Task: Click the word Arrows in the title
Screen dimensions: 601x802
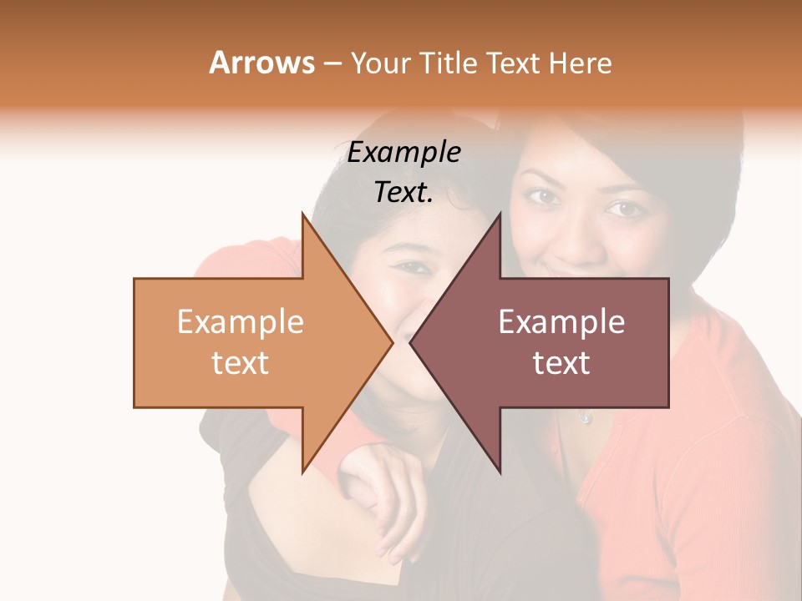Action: tap(261, 63)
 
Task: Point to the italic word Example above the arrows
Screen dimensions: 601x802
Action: tap(404, 152)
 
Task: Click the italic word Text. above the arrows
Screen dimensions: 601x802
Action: tap(404, 192)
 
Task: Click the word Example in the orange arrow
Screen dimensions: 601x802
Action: tap(241, 321)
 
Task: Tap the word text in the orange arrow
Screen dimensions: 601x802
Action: tap(241, 363)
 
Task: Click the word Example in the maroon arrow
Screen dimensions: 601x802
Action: tap(561, 321)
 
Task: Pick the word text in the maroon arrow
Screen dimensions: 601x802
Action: tap(561, 363)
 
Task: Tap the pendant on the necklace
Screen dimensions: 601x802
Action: tap(585, 417)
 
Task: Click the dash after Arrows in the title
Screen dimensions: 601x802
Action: tap(331, 63)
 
